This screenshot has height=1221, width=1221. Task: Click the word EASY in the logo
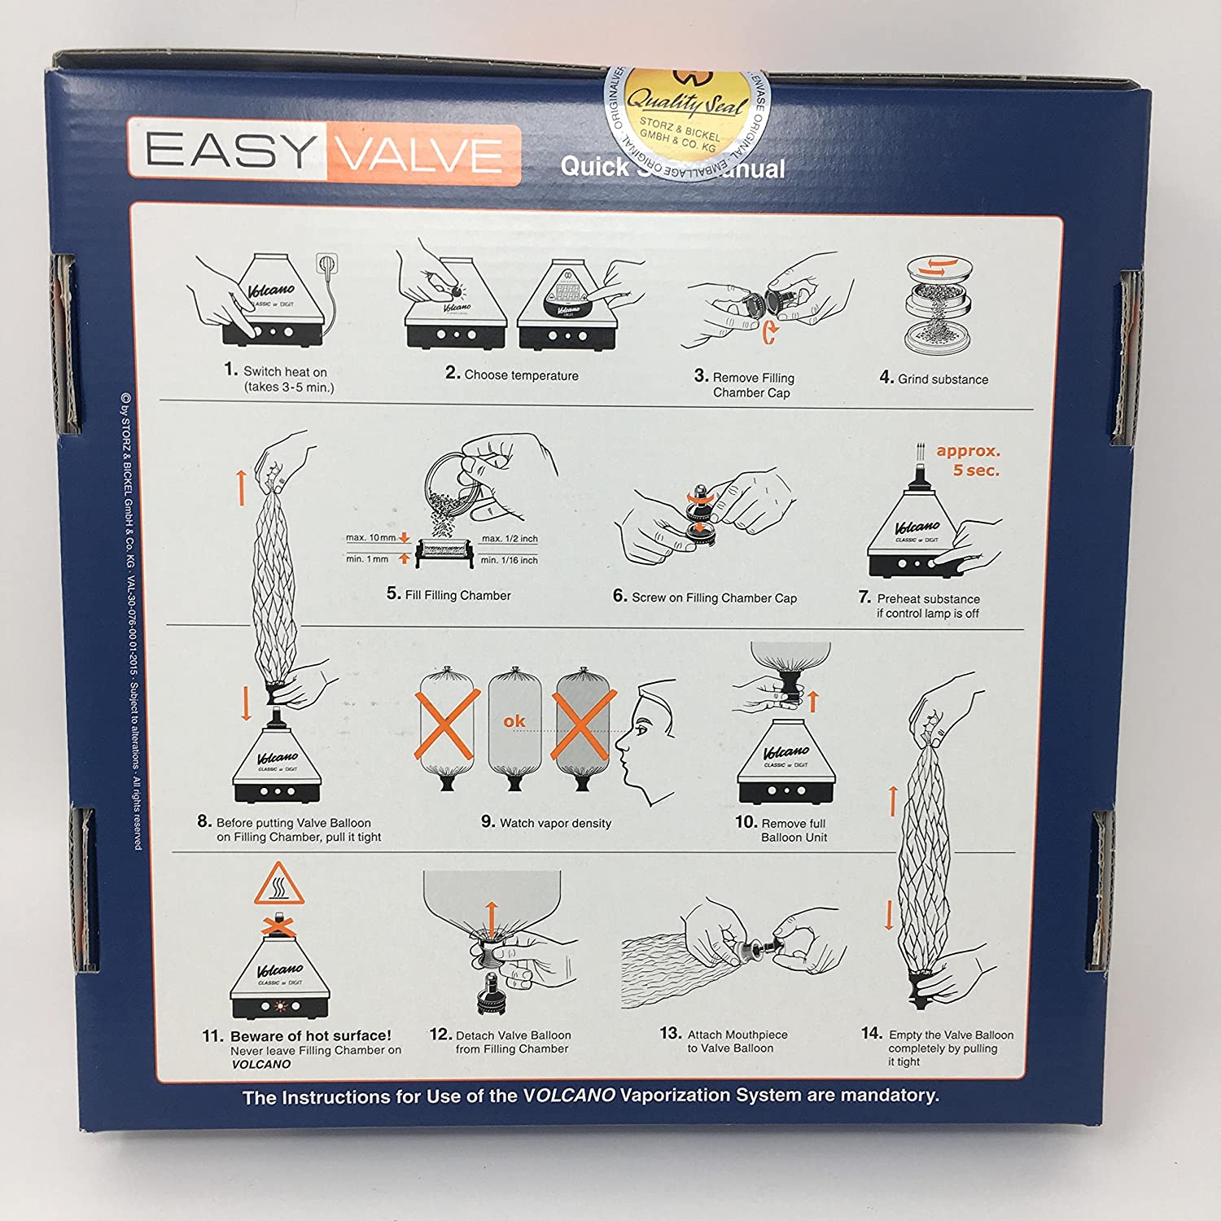click(229, 151)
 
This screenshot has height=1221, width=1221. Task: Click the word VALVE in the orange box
click(422, 155)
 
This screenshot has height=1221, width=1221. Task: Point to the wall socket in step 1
click(327, 265)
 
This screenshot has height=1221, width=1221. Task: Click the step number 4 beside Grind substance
click(886, 377)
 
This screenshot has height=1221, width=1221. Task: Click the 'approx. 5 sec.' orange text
click(969, 461)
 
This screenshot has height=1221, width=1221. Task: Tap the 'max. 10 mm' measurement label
click(370, 537)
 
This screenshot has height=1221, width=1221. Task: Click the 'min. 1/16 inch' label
click(509, 560)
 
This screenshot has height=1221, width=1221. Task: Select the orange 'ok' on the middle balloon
click(514, 721)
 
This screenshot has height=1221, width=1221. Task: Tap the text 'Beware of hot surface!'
click(310, 1035)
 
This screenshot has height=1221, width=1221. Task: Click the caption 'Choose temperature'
click(521, 375)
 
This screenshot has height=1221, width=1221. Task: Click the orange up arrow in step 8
click(241, 487)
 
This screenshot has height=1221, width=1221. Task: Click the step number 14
click(871, 1033)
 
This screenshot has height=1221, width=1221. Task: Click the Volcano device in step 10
click(786, 761)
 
